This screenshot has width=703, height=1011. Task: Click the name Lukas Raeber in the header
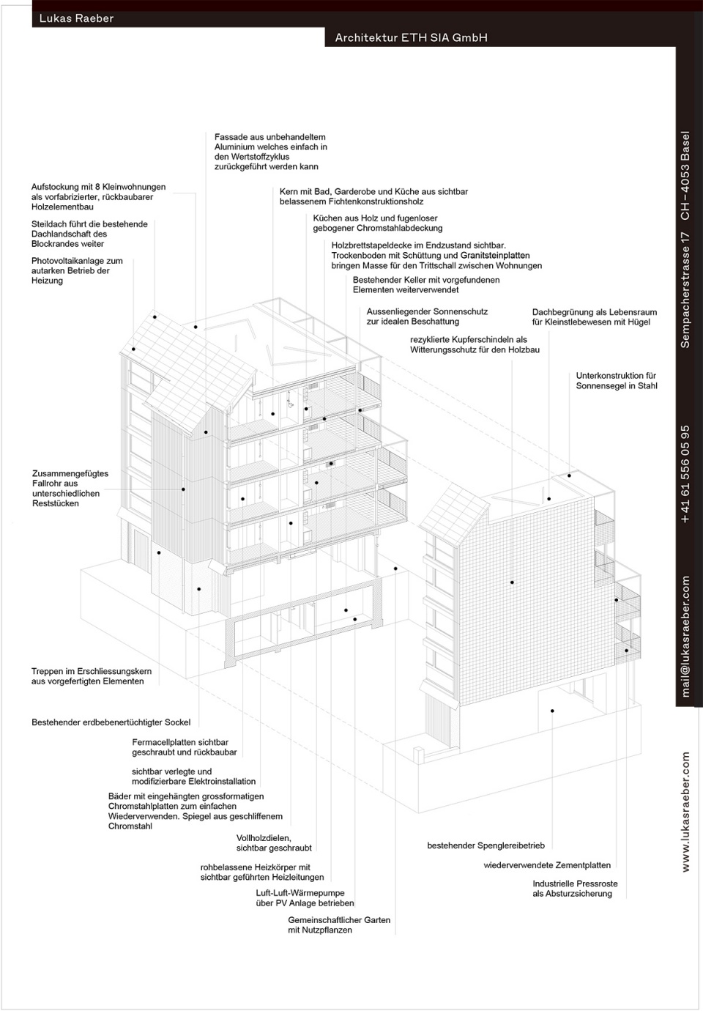point(76,18)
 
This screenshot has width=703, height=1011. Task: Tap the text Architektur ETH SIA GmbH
point(411,37)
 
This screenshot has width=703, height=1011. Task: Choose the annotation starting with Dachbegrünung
point(594,317)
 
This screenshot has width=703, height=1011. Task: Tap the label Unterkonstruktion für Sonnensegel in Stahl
point(616,381)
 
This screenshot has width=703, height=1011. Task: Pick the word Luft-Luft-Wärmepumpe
point(300,893)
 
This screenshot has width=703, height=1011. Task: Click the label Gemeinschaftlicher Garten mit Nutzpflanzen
point(338,925)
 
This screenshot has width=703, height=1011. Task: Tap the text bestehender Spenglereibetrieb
point(486,845)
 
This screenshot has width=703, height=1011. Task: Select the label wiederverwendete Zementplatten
point(546,865)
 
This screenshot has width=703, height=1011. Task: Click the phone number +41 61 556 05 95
point(686,473)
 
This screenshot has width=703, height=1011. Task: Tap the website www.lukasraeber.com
point(686,812)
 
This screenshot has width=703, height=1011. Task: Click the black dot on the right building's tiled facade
point(512,582)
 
